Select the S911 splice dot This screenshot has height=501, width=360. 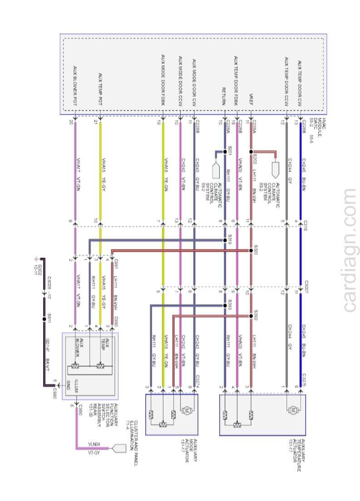tap(44, 319)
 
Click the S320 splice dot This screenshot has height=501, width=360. tap(250, 250)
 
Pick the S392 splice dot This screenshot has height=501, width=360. tap(250, 315)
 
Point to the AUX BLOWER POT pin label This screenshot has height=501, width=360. tap(75, 86)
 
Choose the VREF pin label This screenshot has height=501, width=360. tap(251, 99)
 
